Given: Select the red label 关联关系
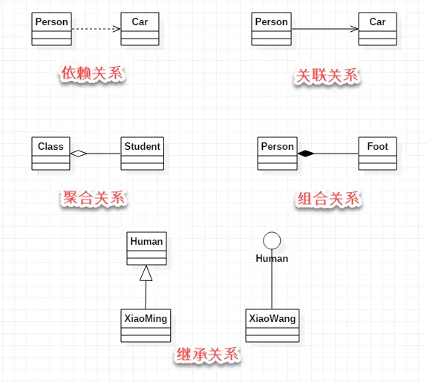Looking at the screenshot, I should tap(327, 75).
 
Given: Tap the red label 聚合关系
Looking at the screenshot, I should tap(94, 199).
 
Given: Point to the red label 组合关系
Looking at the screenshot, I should tap(328, 199).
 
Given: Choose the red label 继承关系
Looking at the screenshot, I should tap(207, 355).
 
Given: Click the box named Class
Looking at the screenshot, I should tap(50, 153).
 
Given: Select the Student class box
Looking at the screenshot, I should tap(142, 153).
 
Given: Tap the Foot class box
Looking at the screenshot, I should tap(377, 153).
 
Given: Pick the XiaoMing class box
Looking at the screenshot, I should tap(146, 325).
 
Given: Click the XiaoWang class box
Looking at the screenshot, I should tap(272, 325).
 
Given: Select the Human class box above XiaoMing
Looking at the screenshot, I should tap(146, 248).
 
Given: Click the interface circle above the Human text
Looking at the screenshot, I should tap(272, 240).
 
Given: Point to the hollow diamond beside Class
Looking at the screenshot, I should tap(78, 154).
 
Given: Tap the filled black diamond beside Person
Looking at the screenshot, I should tap(306, 154).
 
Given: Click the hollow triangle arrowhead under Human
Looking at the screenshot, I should tap(146, 274).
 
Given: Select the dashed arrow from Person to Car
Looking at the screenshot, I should tap(95, 29).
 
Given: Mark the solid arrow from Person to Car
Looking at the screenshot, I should tap(325, 29).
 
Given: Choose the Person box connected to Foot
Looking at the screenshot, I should tap(277, 153).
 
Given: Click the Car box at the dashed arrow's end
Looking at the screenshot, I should tap(140, 29).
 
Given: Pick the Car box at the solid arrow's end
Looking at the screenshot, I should tap(377, 29).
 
